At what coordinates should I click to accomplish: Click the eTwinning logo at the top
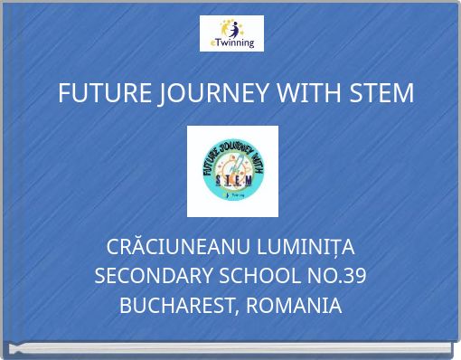point(230,33)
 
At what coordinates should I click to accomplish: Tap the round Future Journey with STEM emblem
point(231,172)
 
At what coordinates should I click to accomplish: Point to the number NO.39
point(336,277)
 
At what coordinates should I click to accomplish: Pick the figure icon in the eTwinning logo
point(232,26)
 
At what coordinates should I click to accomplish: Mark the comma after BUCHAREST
point(238,312)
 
